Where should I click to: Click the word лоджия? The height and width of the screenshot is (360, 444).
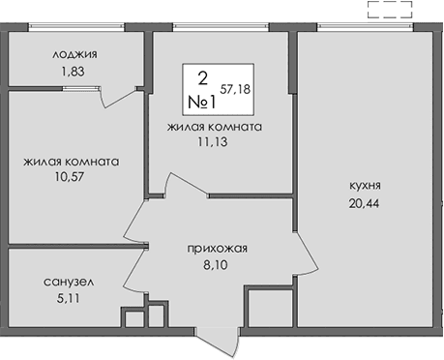74,55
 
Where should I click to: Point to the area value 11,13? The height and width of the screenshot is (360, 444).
215,141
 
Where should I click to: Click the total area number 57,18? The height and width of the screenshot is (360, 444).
236,88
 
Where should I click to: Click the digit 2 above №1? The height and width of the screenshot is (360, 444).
201,76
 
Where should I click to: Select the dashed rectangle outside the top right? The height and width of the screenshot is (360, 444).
390,12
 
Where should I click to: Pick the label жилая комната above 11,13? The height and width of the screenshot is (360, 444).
215,126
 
